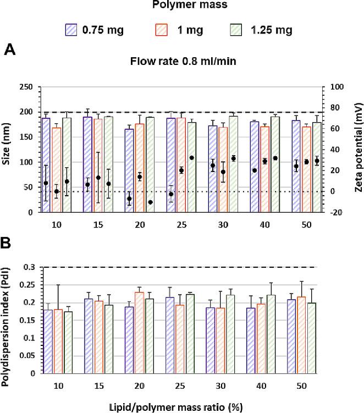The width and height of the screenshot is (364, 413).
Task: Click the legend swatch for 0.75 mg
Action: tap(73, 30)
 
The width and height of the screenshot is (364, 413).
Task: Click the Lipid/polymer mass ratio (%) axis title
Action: tap(182, 406)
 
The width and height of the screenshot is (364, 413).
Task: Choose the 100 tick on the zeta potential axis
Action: tap(335, 87)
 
